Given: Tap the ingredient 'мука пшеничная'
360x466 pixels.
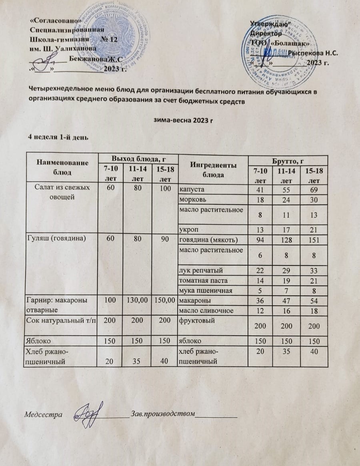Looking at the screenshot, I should click(203, 291).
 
